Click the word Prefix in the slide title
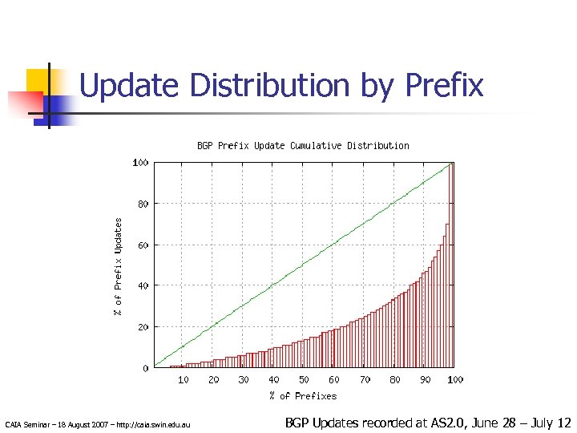[x=445, y=85]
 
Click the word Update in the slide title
[x=127, y=85]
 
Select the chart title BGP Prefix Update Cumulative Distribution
[x=303, y=146]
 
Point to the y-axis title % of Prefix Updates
[x=118, y=265]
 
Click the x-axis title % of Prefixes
[x=303, y=395]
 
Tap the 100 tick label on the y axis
[x=140, y=162]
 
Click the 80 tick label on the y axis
[x=143, y=204]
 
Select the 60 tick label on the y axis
[x=143, y=245]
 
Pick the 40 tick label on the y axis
[x=143, y=285]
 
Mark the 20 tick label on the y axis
[x=143, y=327]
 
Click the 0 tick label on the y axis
[x=145, y=368]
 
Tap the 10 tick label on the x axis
[x=184, y=379]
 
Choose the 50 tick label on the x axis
[x=304, y=379]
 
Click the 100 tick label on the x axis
[x=454, y=379]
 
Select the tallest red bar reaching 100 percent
[x=451, y=265]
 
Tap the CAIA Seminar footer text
[x=97, y=423]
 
